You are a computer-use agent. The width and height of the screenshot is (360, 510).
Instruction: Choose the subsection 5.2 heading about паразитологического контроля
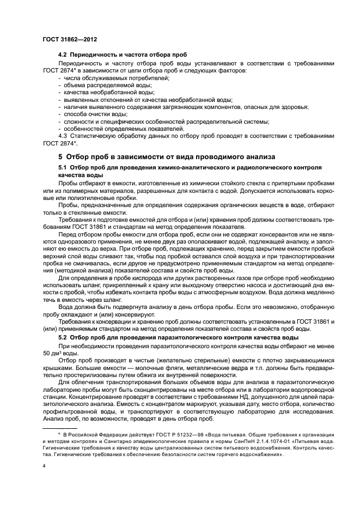coord(186,338)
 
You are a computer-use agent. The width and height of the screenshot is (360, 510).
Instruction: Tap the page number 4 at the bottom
coord(44,467)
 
